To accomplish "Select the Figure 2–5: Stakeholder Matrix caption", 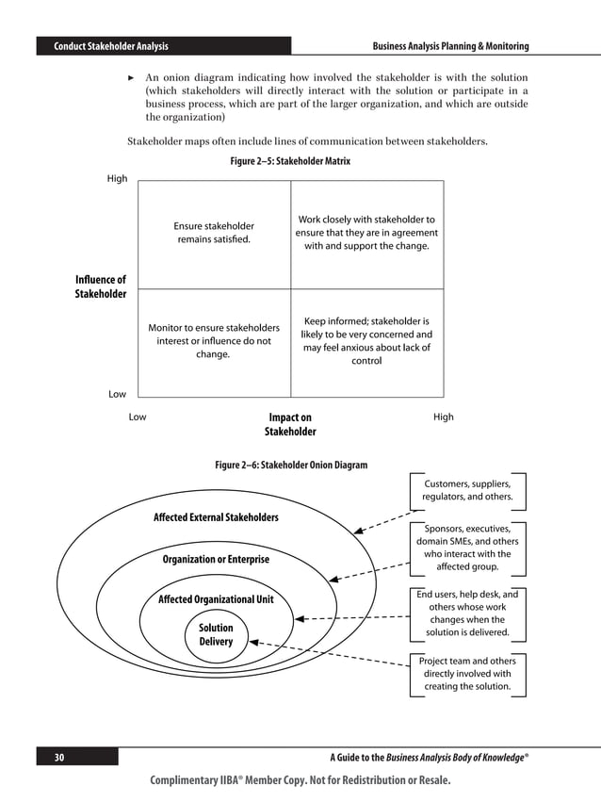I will [290, 161].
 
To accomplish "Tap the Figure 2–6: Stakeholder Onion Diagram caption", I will [291, 465].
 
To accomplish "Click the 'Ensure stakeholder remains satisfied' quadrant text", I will [214, 233].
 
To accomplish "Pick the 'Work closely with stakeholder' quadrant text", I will [365, 233].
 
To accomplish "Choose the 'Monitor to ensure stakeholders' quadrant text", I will [213, 341].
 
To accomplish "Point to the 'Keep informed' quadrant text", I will [366, 340].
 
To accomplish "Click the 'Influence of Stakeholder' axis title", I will [100, 286].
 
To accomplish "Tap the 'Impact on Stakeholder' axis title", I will [290, 424].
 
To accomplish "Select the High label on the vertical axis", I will [117, 178].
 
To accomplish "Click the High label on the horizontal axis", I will [443, 417].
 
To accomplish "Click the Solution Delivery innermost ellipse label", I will [216, 634].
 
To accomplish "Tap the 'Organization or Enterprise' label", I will [216, 560].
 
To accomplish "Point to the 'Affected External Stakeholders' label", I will [216, 517].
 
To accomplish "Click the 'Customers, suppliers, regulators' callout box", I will [467, 490].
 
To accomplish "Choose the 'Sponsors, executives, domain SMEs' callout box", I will [467, 548].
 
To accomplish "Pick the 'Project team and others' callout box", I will [467, 674].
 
